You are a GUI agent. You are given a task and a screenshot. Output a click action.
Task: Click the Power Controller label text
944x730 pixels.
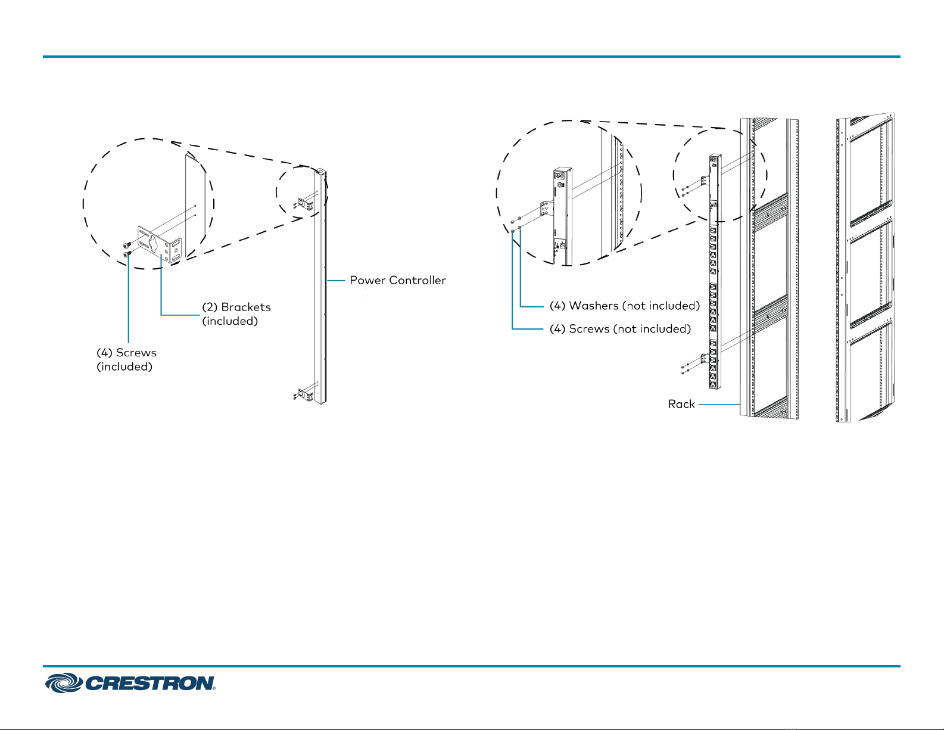click(x=397, y=280)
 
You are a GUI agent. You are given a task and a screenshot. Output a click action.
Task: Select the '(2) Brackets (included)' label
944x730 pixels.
click(x=236, y=314)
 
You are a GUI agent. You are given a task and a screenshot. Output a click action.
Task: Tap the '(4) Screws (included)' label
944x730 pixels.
click(x=126, y=359)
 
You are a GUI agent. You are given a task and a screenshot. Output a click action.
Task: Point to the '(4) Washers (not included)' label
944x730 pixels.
click(x=624, y=306)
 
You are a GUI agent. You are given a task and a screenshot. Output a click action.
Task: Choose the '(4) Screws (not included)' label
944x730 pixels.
click(x=619, y=329)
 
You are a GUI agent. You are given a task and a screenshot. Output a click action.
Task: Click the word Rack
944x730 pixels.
click(x=681, y=404)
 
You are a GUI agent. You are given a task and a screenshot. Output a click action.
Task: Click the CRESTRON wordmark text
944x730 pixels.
click(x=150, y=684)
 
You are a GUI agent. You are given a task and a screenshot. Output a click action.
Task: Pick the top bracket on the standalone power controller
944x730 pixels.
click(x=306, y=203)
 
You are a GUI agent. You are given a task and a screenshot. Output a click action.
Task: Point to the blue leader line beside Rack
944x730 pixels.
click(x=718, y=405)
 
